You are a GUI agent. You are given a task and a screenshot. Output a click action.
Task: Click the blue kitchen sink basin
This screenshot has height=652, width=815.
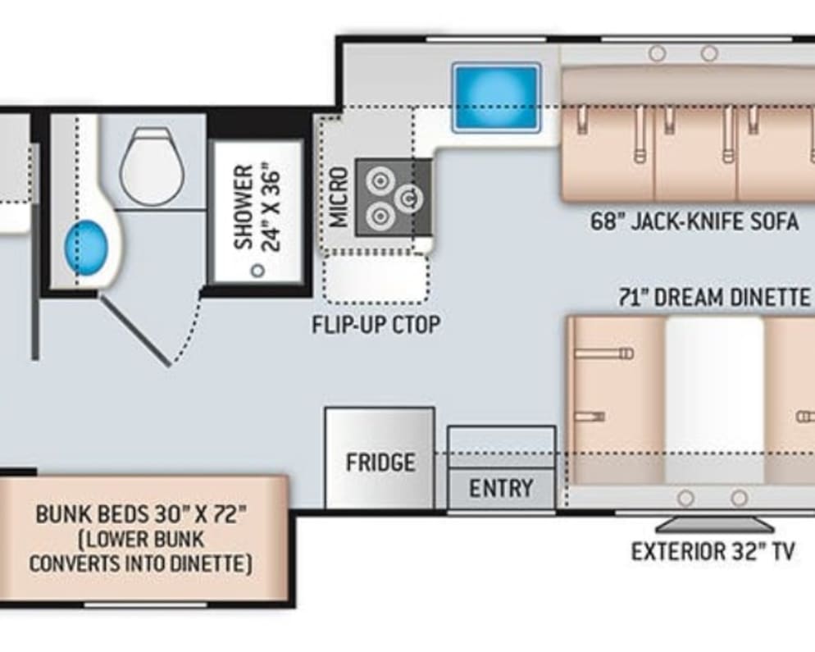pyautogui.click(x=496, y=98)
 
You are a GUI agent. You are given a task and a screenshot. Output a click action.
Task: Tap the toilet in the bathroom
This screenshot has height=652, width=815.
pyautogui.click(x=152, y=166)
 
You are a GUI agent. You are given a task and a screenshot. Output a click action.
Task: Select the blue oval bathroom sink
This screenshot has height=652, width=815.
pyautogui.click(x=86, y=248)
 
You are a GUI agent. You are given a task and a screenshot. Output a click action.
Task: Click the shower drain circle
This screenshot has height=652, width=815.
pyautogui.click(x=257, y=271)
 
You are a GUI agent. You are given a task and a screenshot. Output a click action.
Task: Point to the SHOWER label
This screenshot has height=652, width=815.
pyautogui.click(x=244, y=207)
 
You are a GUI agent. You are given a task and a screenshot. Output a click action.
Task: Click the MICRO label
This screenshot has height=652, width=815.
pyautogui.click(x=339, y=197)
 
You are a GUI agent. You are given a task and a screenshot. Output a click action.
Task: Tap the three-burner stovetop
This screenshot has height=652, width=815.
pyautogui.click(x=394, y=198)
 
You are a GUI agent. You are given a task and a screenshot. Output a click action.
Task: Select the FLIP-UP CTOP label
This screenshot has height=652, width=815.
pyautogui.click(x=376, y=325)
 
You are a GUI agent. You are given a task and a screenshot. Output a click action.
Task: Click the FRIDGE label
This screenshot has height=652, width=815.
pyautogui.click(x=381, y=463)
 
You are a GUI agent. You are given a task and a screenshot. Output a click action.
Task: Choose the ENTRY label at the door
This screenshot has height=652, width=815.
pyautogui.click(x=501, y=488)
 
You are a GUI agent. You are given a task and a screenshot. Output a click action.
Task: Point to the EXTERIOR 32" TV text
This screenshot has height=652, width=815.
pyautogui.click(x=713, y=551)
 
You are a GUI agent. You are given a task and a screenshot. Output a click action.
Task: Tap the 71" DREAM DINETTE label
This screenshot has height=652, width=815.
pyautogui.click(x=715, y=298)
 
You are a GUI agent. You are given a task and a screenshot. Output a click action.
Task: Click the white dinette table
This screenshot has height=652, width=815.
pyautogui.click(x=715, y=399)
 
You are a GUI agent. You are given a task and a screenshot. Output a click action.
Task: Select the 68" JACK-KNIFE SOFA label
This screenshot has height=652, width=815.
pyautogui.click(x=694, y=221)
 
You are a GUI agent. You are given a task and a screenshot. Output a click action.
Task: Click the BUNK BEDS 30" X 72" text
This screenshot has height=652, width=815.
pyautogui.click(x=140, y=514)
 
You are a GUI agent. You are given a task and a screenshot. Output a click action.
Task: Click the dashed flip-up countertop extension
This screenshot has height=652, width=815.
pyautogui.click(x=376, y=279)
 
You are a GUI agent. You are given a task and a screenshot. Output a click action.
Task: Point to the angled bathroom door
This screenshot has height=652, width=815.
pyautogui.click(x=134, y=331)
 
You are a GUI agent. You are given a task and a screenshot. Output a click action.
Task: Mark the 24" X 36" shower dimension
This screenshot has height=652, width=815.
pyautogui.click(x=271, y=207)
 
